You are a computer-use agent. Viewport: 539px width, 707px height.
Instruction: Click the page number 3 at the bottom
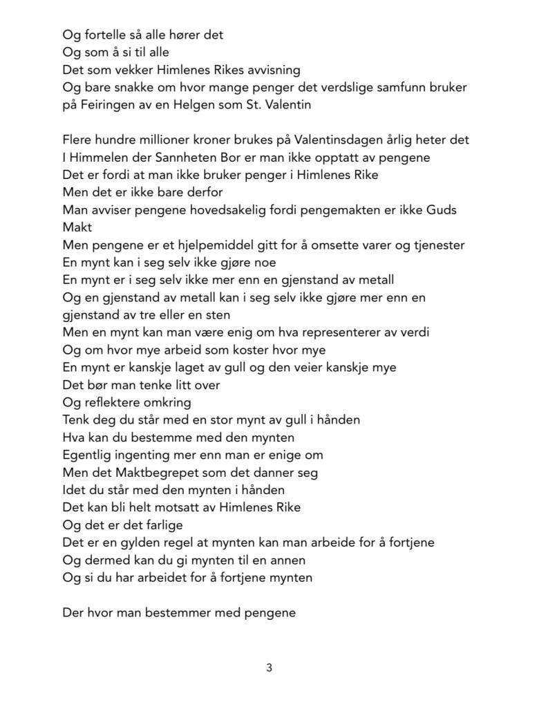pyautogui.click(x=269, y=668)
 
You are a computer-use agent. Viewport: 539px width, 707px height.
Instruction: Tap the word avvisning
pyautogui.click(x=272, y=70)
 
